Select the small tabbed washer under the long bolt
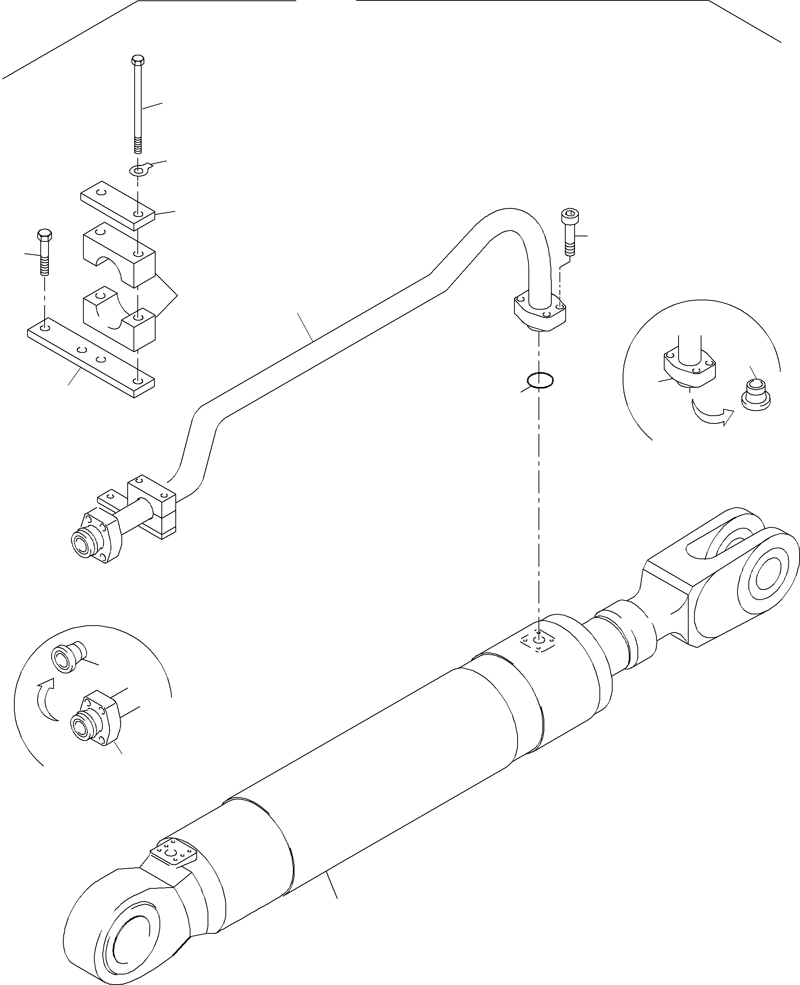coord(138,170)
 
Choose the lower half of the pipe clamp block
coord(119,317)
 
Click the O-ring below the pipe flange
coord(540,380)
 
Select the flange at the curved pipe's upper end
coord(540,312)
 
